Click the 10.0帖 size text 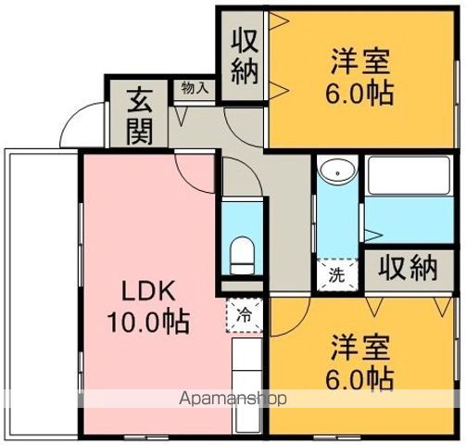coord(147,322)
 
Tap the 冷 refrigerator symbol coord(244,315)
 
